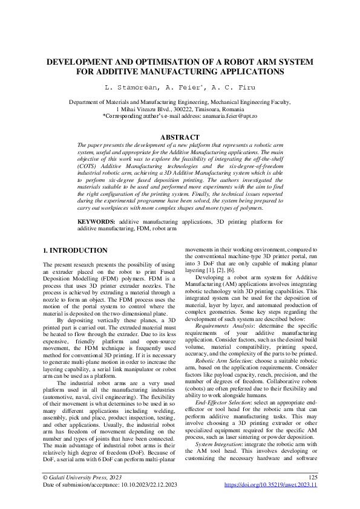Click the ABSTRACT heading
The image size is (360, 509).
(x=180, y=138)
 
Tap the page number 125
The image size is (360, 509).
(x=313, y=494)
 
